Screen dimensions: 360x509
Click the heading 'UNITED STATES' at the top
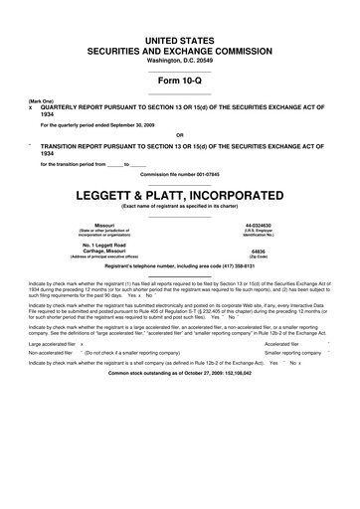click(179, 36)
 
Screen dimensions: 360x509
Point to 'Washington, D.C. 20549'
click(179, 59)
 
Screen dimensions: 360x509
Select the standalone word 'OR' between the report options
click(179, 135)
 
